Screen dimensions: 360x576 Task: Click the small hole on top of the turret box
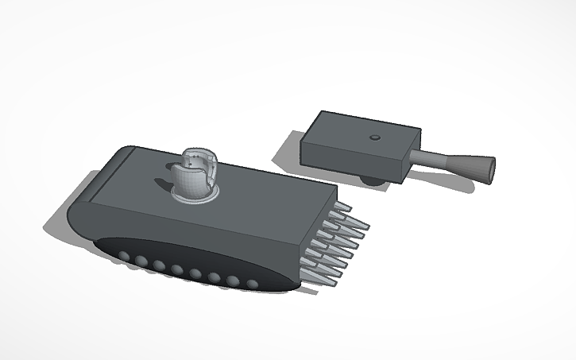tap(373, 138)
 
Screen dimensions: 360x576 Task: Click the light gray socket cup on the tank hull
tap(195, 175)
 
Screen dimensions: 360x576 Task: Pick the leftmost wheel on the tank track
tap(124, 256)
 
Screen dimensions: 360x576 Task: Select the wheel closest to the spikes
tap(252, 284)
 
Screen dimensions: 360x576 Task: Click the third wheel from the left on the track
tap(159, 265)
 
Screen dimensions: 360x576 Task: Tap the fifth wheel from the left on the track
tap(195, 274)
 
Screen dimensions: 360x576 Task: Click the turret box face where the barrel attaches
tap(412, 158)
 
